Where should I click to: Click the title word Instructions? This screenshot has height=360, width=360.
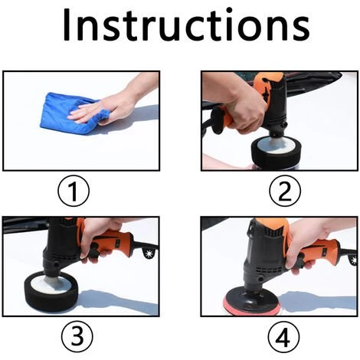point(186,25)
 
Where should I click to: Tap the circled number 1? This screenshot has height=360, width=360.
point(74,191)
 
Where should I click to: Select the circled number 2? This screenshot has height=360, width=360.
point(285,191)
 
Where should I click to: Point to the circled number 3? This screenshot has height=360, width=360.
point(77,336)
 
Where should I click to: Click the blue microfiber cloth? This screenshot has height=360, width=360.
point(69,113)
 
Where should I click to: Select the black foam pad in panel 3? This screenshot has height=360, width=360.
point(51,288)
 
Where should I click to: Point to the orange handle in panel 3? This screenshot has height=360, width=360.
point(113,244)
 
